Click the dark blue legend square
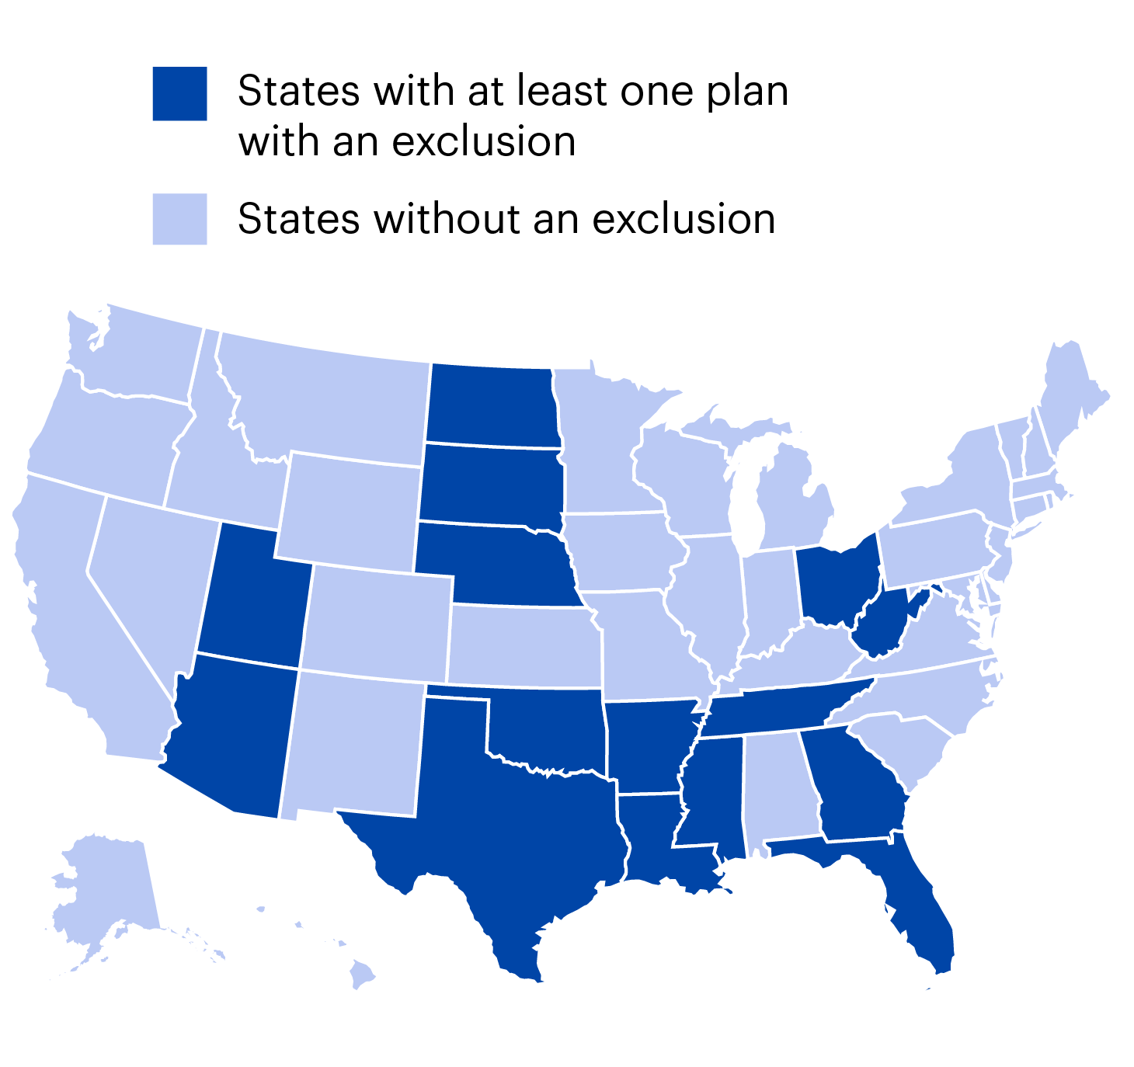coord(179,94)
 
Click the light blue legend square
coord(179,219)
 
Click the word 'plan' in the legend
coord(746,92)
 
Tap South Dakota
coord(489,484)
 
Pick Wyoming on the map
coord(350,509)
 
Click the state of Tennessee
coord(784,707)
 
